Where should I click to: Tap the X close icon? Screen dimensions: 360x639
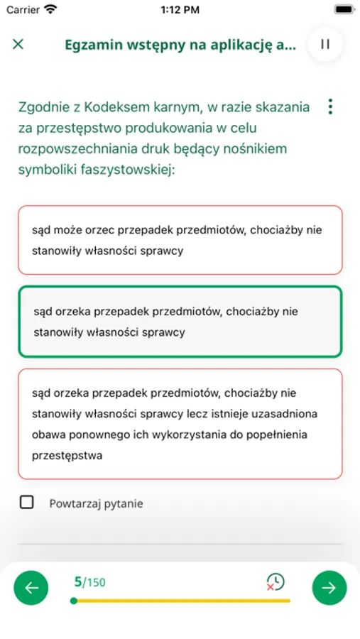(x=18, y=44)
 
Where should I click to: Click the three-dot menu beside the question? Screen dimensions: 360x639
(x=330, y=106)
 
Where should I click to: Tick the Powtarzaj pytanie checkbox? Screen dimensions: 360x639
(x=27, y=503)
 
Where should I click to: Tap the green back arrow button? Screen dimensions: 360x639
(x=31, y=587)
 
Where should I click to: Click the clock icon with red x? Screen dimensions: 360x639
(x=275, y=582)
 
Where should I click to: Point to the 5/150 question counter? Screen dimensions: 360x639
(x=89, y=582)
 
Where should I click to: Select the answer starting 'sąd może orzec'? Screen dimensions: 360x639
(x=180, y=240)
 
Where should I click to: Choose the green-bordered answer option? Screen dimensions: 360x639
(x=180, y=322)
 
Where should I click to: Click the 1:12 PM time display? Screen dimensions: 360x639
(x=180, y=10)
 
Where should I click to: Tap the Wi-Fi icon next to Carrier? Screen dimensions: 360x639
(x=50, y=10)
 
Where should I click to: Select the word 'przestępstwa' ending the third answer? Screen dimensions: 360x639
(x=67, y=456)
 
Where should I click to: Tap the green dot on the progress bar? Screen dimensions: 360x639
(x=74, y=601)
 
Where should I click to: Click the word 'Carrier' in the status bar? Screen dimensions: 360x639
(x=23, y=10)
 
